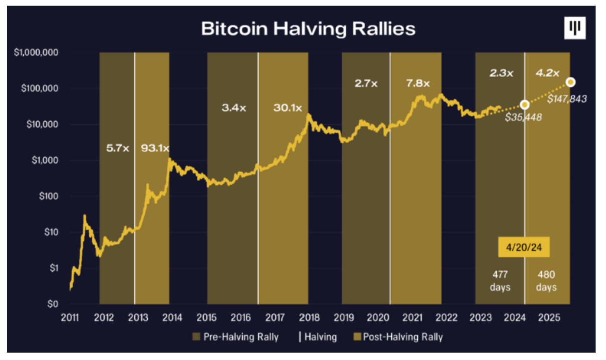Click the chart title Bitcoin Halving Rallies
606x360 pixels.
click(308, 29)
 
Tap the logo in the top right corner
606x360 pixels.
click(574, 29)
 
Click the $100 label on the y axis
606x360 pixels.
click(51, 196)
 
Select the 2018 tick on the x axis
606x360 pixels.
click(309, 318)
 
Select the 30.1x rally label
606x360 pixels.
click(287, 107)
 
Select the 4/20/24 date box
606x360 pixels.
click(524, 247)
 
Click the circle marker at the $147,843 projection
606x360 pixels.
click(570, 82)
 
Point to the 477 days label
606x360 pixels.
click(500, 280)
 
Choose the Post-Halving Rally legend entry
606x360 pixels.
click(398, 337)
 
